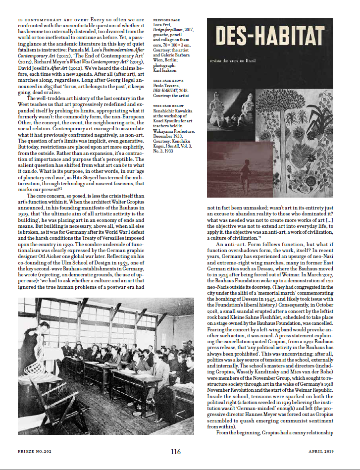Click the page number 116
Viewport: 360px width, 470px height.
click(x=175, y=452)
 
